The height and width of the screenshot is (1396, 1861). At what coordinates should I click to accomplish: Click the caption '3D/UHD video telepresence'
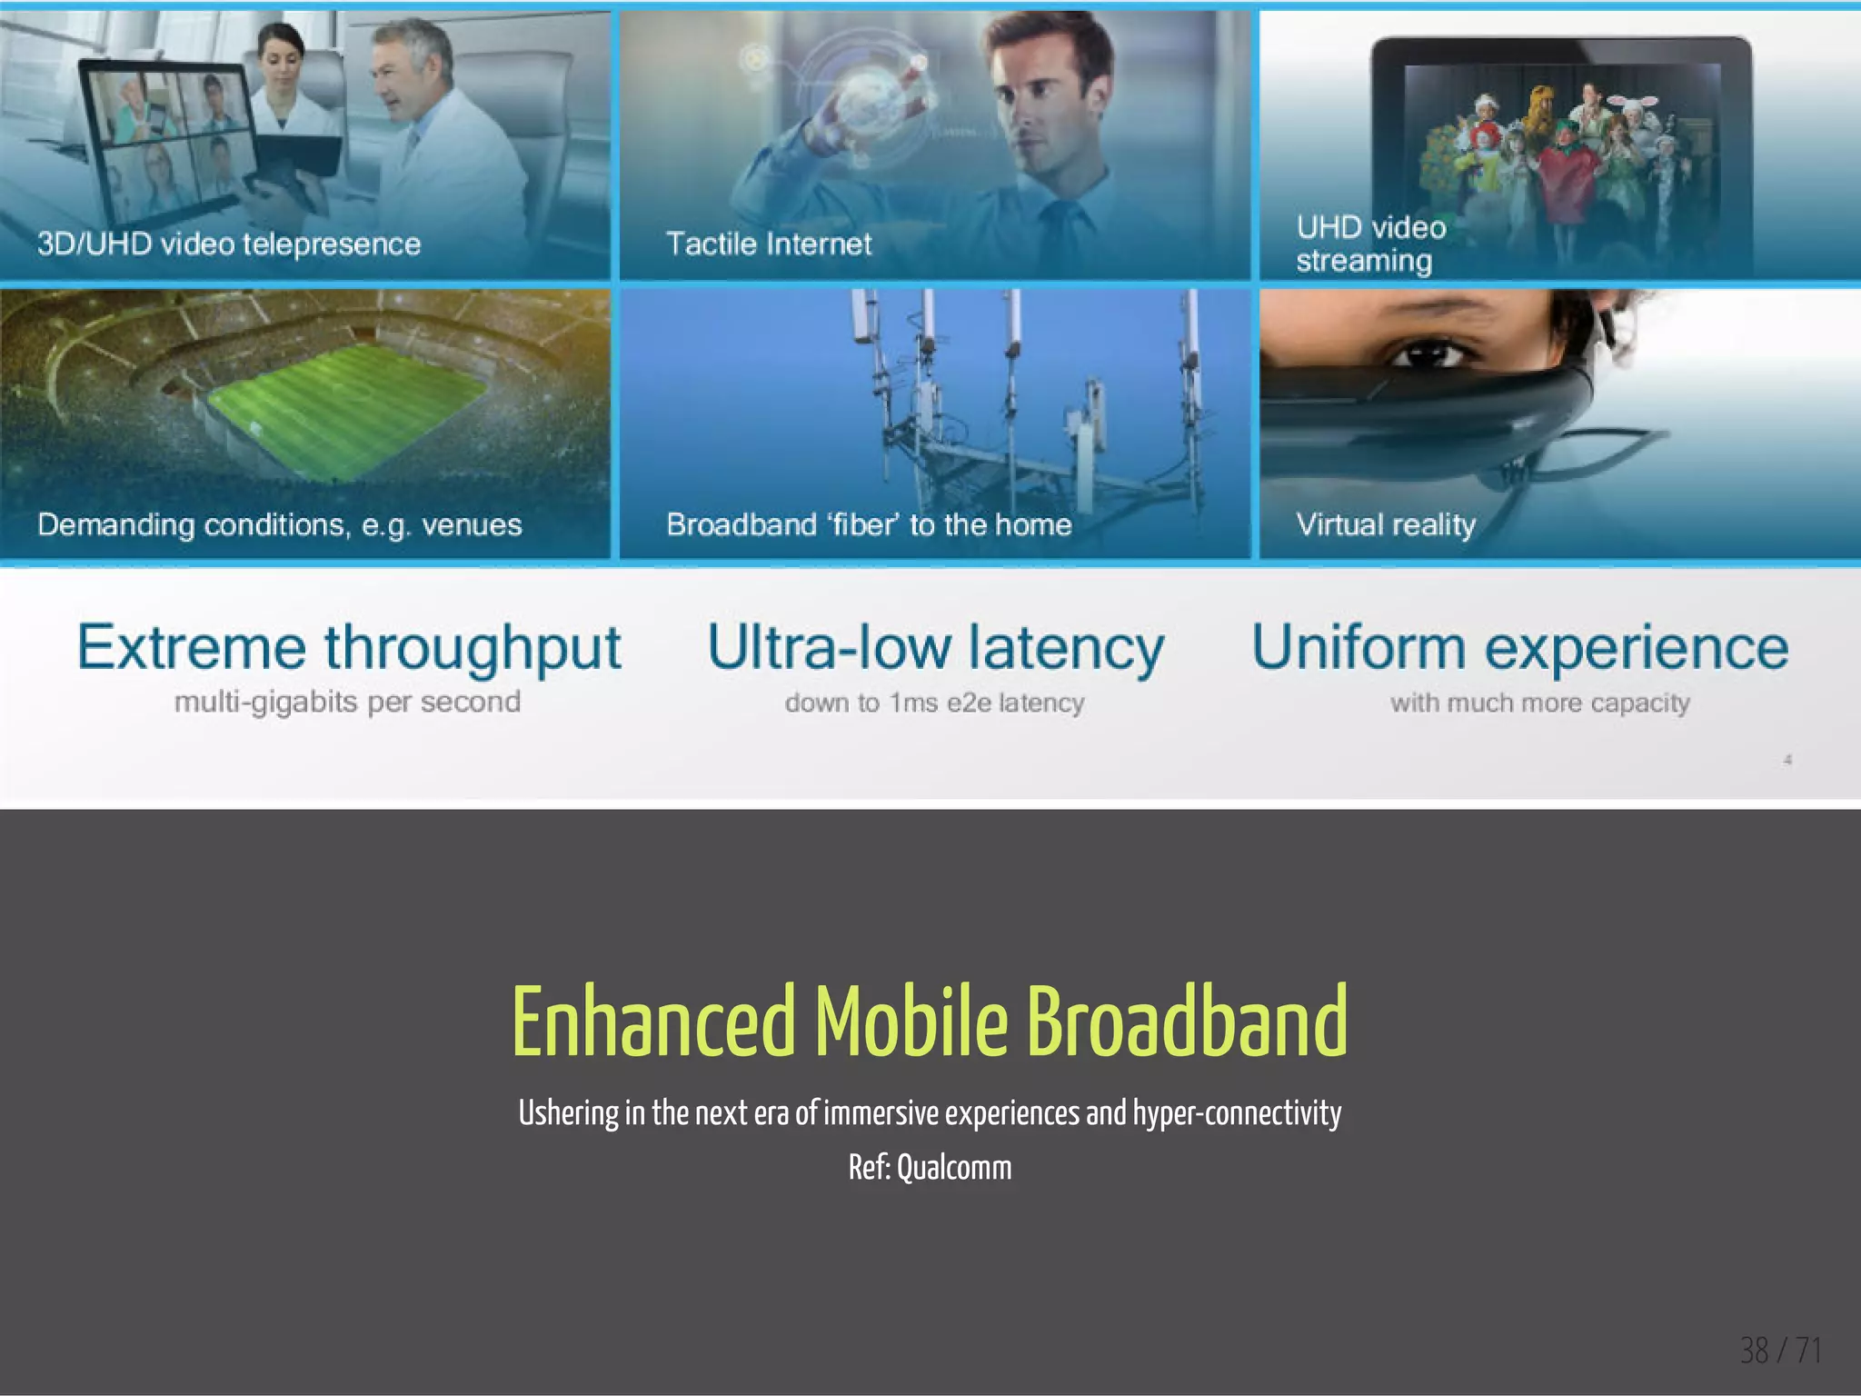pyautogui.click(x=229, y=244)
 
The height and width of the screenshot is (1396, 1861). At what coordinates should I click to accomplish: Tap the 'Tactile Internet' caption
pyautogui.click(x=768, y=244)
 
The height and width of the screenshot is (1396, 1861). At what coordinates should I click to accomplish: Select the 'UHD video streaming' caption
pyautogui.click(x=1370, y=244)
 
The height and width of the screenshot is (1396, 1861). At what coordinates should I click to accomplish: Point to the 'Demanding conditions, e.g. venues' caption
pyautogui.click(x=280, y=524)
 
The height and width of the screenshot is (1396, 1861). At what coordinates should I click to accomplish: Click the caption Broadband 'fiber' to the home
pyautogui.click(x=869, y=524)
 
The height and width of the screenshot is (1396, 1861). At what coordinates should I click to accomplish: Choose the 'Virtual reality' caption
pyautogui.click(x=1386, y=524)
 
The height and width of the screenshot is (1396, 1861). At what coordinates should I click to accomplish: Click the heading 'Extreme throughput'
pyautogui.click(x=349, y=648)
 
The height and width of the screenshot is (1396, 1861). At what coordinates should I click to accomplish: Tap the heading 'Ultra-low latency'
pyautogui.click(x=935, y=648)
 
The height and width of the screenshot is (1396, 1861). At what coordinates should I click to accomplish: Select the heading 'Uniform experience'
pyautogui.click(x=1520, y=648)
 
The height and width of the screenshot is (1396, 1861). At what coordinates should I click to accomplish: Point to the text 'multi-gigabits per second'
pyautogui.click(x=347, y=702)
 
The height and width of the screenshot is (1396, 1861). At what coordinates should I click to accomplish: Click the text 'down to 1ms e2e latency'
pyautogui.click(x=934, y=703)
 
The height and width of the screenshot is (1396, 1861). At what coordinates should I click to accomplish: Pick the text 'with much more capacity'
pyautogui.click(x=1539, y=703)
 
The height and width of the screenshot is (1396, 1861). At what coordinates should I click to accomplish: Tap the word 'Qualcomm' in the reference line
pyautogui.click(x=953, y=1168)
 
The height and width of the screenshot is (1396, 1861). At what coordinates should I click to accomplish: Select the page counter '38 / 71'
pyautogui.click(x=1780, y=1351)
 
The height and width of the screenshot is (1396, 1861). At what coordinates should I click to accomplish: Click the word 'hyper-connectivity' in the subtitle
pyautogui.click(x=1237, y=1112)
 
